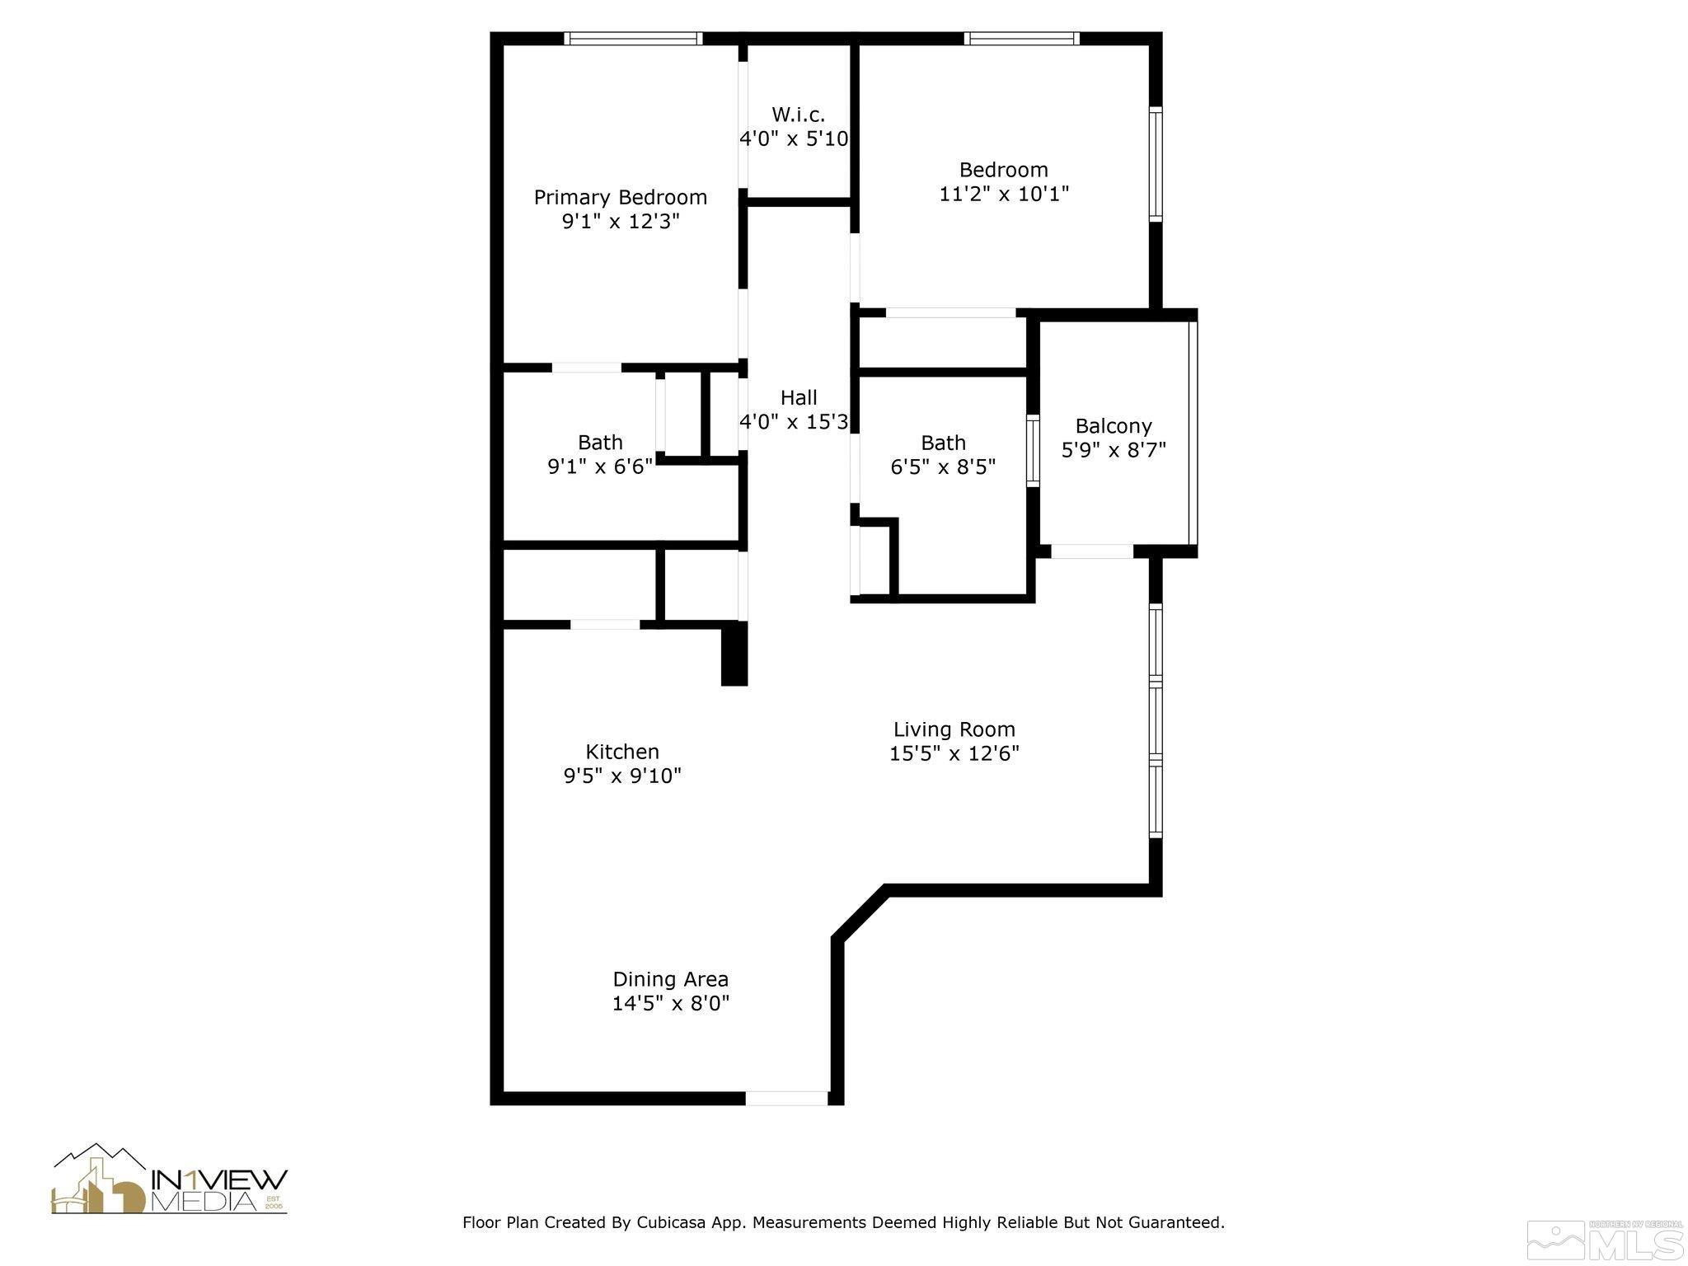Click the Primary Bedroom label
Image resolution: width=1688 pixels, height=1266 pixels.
click(620, 198)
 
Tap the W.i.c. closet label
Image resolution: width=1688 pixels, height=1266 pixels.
click(798, 115)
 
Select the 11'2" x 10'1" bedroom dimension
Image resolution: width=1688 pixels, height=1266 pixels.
click(1004, 194)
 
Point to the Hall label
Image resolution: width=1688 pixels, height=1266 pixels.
click(798, 398)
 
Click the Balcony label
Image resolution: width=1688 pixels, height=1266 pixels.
click(1114, 426)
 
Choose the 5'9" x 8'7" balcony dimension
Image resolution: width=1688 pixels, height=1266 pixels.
click(1114, 450)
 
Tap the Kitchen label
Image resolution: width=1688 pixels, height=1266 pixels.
click(622, 752)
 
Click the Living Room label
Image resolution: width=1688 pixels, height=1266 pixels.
click(954, 729)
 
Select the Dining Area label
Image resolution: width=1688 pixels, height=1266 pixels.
click(670, 979)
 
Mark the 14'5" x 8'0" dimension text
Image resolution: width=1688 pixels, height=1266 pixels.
click(670, 1003)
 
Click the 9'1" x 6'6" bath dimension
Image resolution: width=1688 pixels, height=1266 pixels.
click(600, 467)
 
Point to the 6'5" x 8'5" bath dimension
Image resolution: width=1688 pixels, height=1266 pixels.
click(943, 467)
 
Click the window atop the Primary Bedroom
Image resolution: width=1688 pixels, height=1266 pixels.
click(633, 38)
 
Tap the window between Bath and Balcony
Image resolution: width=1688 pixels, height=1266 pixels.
click(1033, 451)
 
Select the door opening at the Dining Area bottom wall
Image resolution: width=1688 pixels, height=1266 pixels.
click(786, 1098)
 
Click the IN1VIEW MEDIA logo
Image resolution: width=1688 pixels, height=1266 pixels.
click(170, 1180)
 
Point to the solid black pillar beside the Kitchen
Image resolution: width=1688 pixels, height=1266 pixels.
click(734, 654)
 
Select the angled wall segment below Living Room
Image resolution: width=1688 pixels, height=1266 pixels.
click(860, 913)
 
